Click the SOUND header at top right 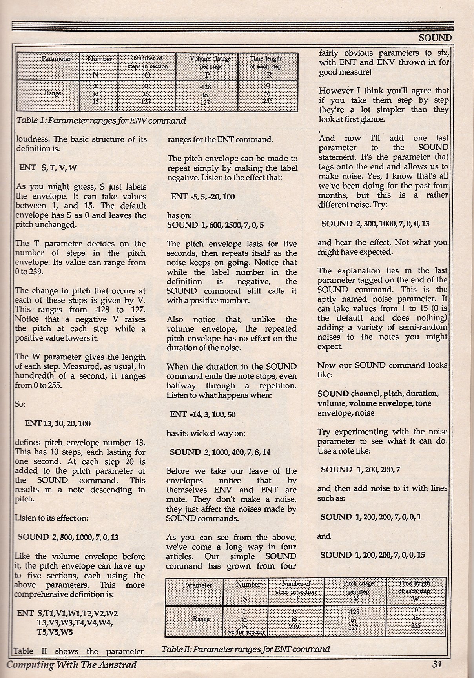tap(435, 38)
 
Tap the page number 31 tap(437, 664)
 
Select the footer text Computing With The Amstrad tap(72, 665)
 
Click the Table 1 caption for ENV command tap(101, 121)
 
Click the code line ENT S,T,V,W tap(48, 168)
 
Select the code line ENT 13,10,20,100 tap(57, 423)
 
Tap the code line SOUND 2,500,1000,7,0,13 tap(68, 537)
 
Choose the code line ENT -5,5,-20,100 tap(203, 197)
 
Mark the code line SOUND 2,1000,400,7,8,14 tap(220, 452)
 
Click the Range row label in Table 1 tap(53, 93)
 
